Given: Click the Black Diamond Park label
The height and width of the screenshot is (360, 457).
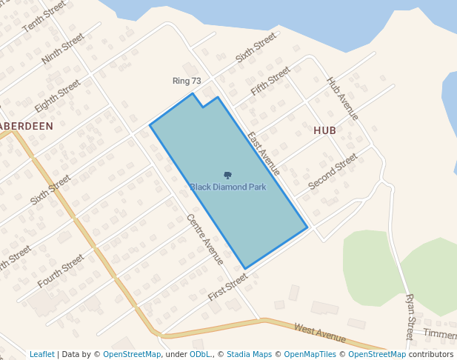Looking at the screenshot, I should tap(227, 187).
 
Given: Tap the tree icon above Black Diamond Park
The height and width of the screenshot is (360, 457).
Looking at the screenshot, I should tap(227, 176).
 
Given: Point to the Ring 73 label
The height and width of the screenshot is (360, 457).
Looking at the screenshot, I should tap(187, 81).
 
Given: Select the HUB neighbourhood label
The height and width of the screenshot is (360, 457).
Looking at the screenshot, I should tap(324, 130).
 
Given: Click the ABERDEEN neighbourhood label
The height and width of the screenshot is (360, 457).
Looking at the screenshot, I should tap(27, 126).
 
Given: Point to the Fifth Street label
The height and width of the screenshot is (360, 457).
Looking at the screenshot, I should tap(270, 81).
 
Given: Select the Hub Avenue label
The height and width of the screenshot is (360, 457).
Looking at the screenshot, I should tap(342, 99).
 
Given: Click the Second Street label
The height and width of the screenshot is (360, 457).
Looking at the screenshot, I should tap(333, 171).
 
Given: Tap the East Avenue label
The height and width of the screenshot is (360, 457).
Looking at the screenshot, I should tap(264, 153).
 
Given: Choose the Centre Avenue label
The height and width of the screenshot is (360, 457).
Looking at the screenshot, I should tap(205, 239).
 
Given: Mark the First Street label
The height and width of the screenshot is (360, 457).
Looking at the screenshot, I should tap(227, 287).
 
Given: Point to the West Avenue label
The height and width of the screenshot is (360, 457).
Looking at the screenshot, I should tap(320, 333).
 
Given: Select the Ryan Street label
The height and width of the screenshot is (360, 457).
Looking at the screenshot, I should tap(410, 316).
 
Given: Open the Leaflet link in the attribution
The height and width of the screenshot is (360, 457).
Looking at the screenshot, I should tap(41, 354).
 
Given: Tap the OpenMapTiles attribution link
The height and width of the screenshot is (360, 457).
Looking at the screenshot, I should tap(314, 354).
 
